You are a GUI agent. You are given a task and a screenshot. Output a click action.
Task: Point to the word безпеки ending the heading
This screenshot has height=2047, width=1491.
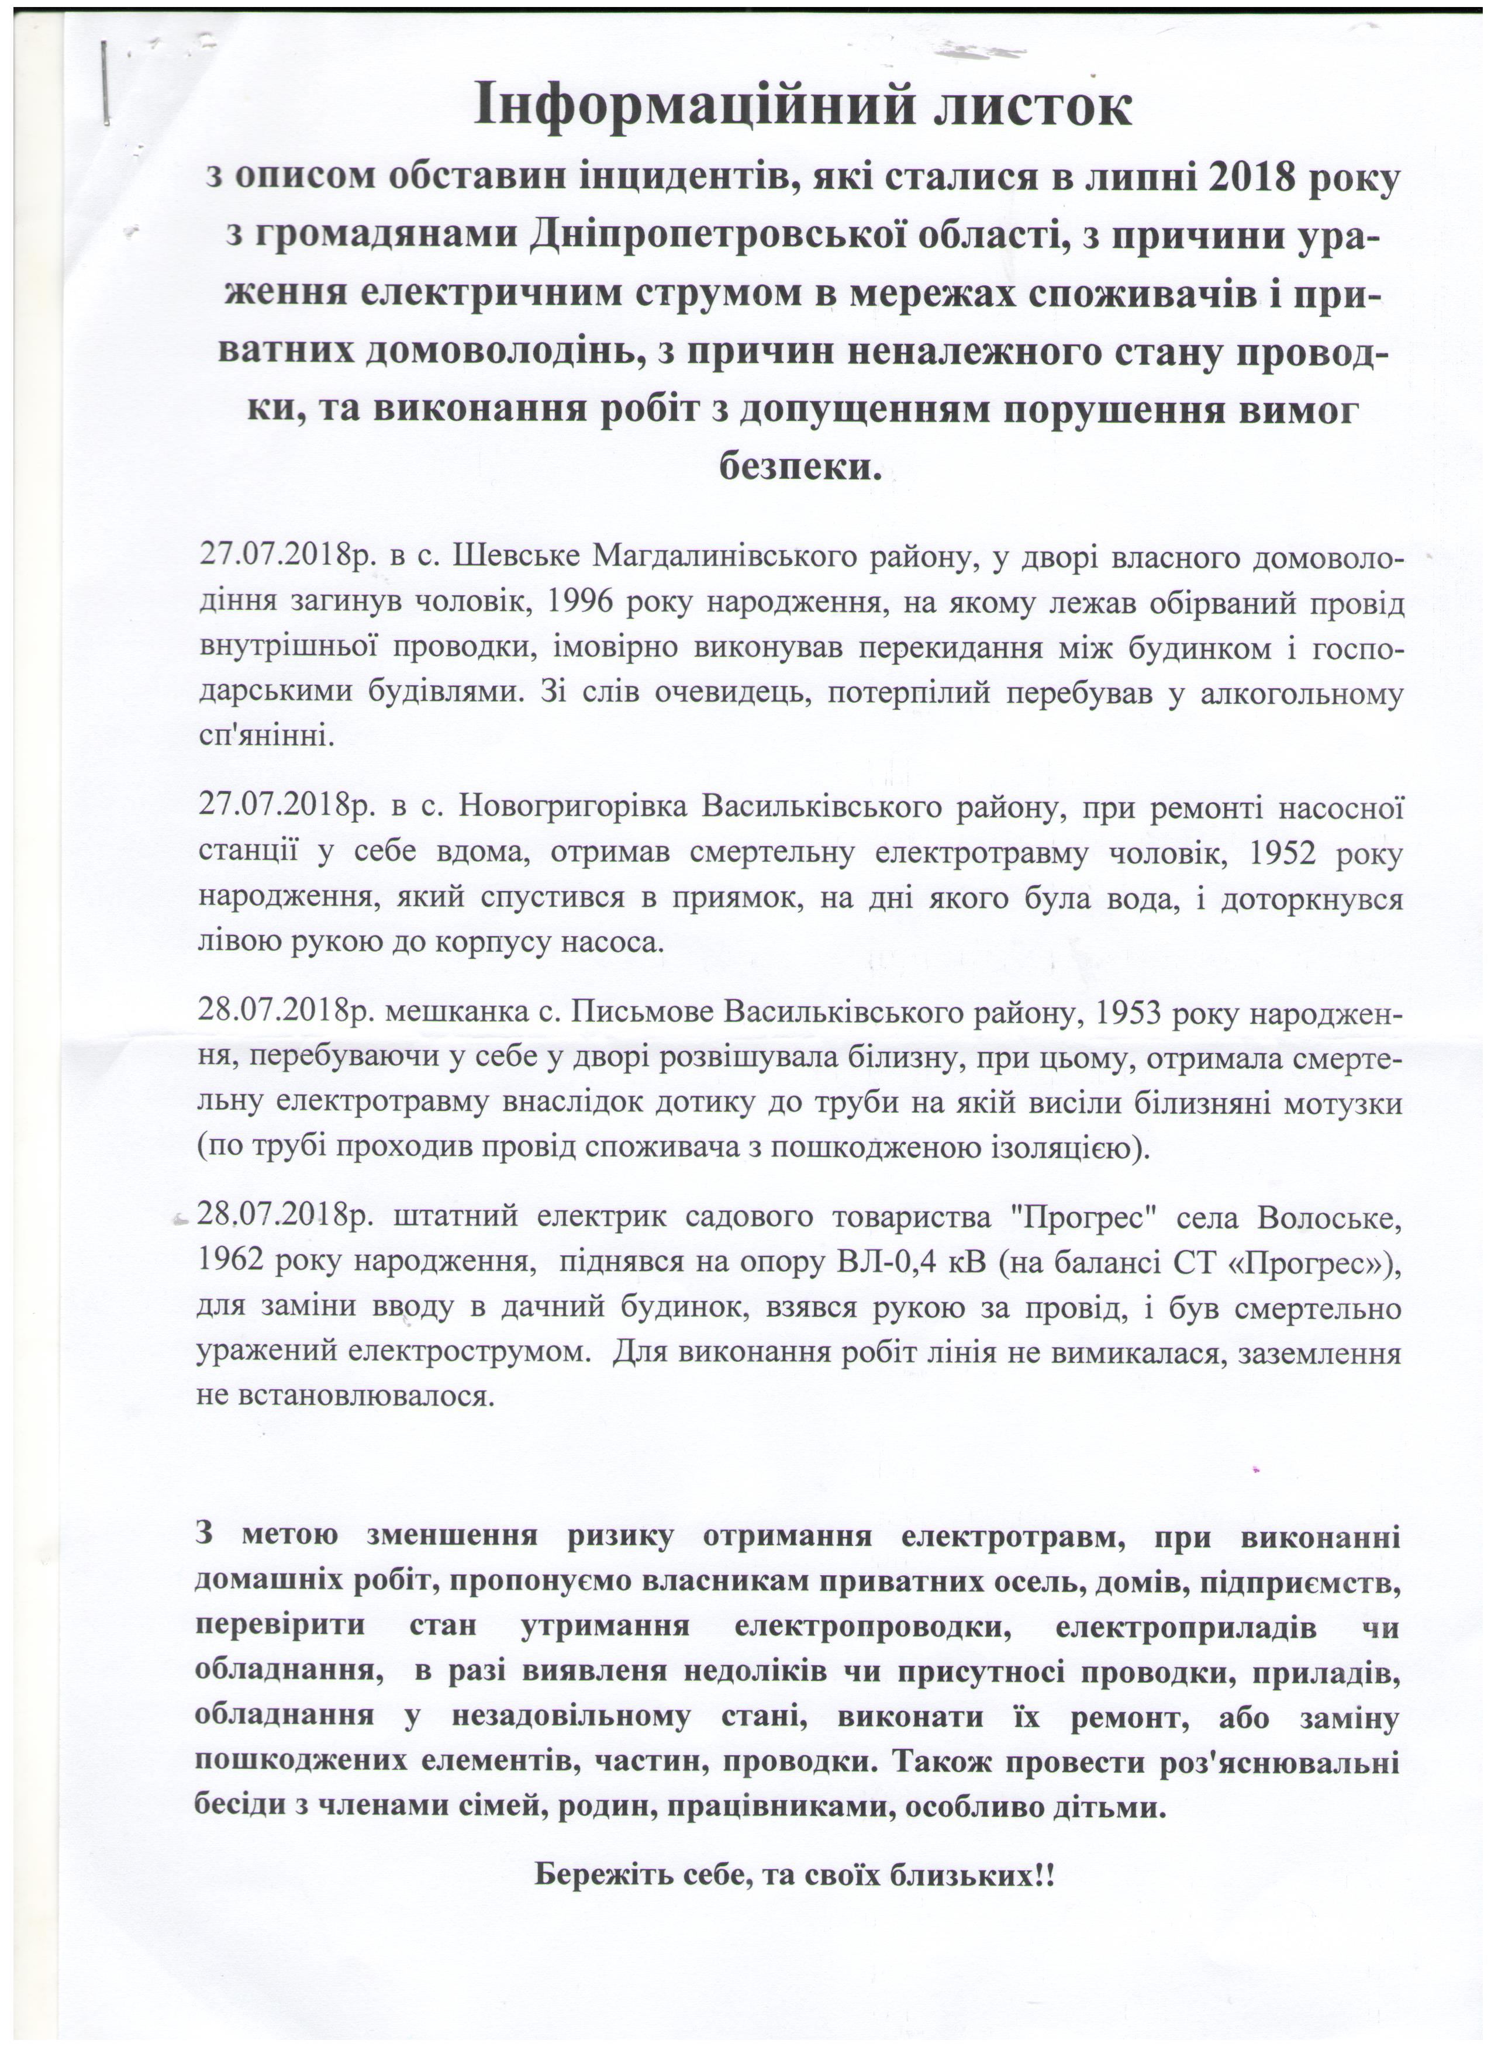[798, 468]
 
